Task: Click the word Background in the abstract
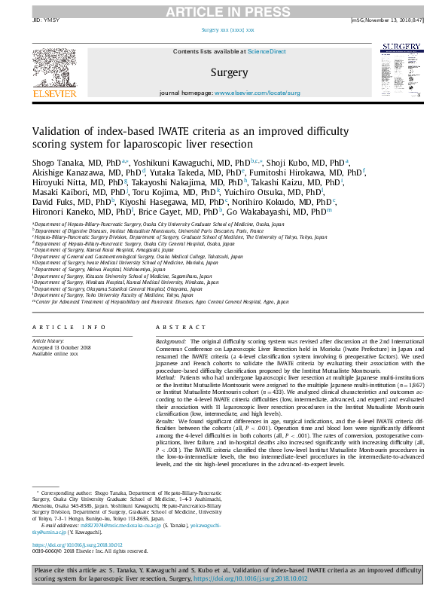pos(170,341)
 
